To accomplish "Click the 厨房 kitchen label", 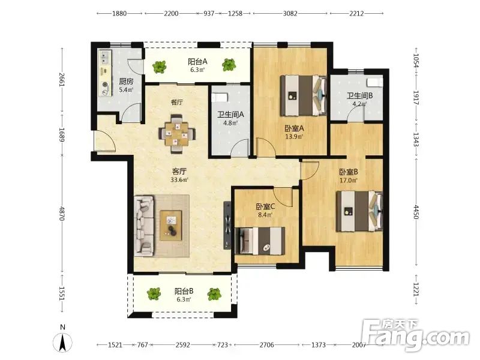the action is click(x=126, y=82).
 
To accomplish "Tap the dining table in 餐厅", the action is click(x=177, y=134).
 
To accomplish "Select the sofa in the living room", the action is click(x=144, y=226).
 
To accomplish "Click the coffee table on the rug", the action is click(x=171, y=226).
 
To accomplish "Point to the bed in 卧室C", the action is click(x=260, y=241).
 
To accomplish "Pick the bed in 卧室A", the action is click(x=304, y=95).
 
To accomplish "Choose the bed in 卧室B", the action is click(x=359, y=211).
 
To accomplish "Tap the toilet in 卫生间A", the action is click(x=220, y=97).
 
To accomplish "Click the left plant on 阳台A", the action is click(x=159, y=67).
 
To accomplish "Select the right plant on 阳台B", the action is click(x=214, y=294).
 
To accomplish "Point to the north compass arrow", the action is click(x=63, y=342).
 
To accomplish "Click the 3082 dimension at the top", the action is click(x=290, y=13).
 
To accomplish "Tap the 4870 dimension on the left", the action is click(x=62, y=214).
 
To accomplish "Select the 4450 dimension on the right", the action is click(x=416, y=212).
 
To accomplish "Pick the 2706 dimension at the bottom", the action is click(x=266, y=345).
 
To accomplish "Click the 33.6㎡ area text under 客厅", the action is click(x=179, y=179).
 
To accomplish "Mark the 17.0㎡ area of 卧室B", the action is click(x=349, y=181).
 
